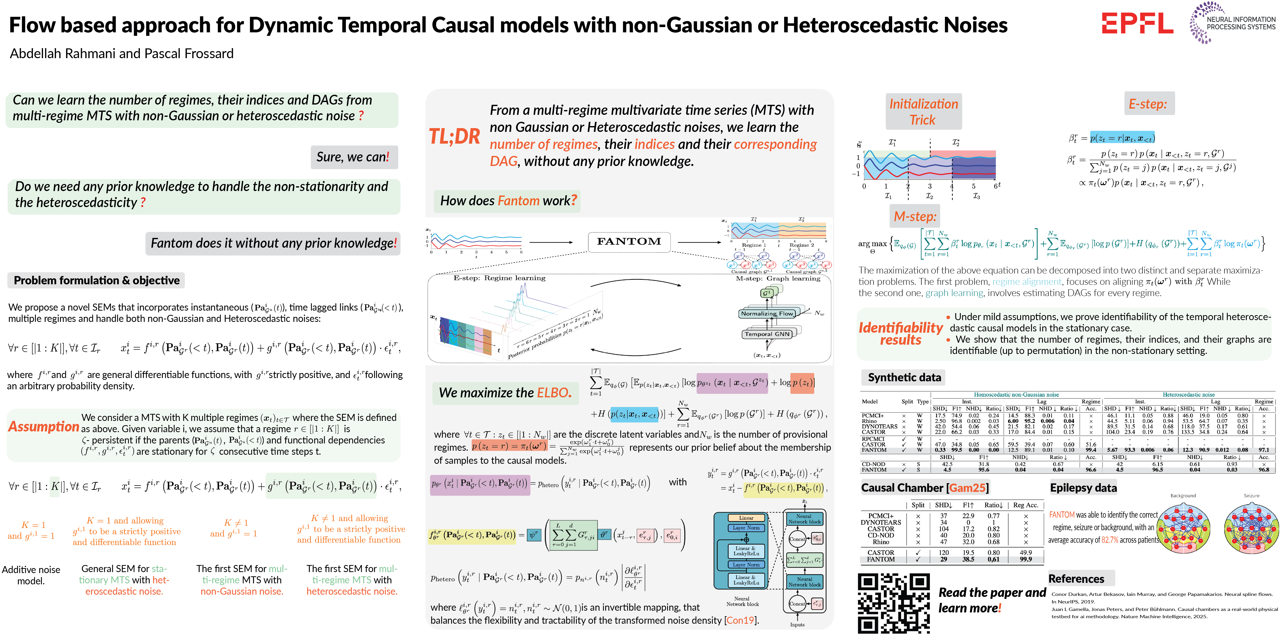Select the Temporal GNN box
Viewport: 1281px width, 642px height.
point(767,334)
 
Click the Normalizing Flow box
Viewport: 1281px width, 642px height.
point(767,314)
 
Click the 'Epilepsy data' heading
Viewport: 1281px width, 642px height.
point(1083,488)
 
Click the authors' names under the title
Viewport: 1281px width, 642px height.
point(122,54)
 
